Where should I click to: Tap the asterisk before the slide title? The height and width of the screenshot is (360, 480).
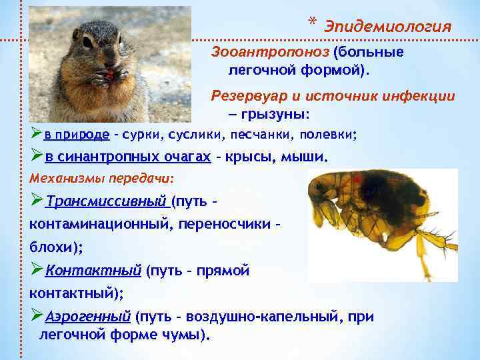pyautogui.click(x=312, y=24)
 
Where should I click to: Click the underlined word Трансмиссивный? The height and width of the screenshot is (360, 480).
pyautogui.click(x=106, y=201)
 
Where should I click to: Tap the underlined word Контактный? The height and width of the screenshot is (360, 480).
pyautogui.click(x=93, y=271)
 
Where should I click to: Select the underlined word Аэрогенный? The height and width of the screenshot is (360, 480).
pyautogui.click(x=88, y=316)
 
